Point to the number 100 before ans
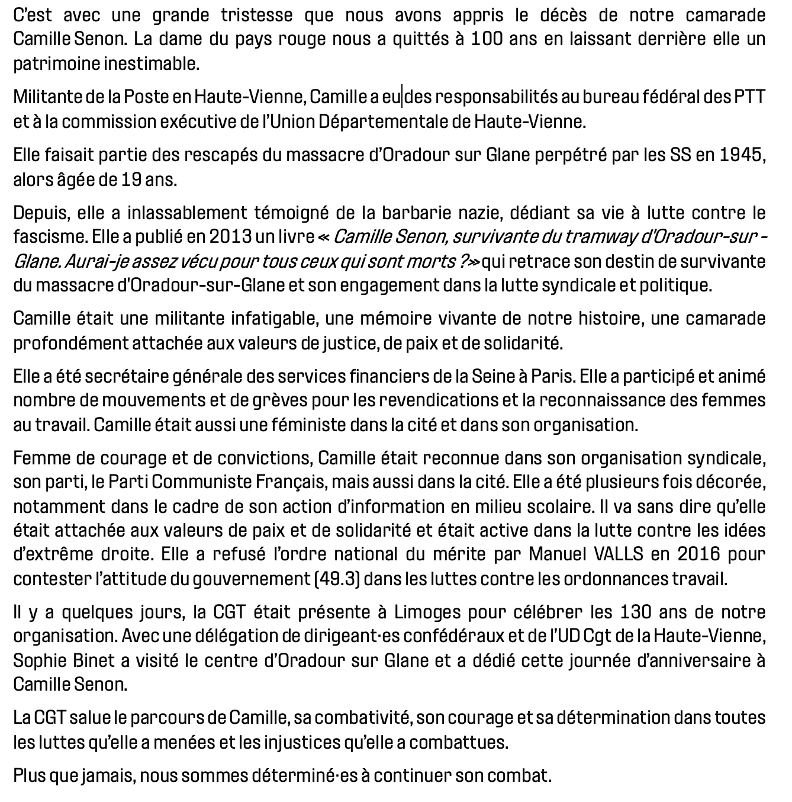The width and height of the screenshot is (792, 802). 488,40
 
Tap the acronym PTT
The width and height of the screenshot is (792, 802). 750,97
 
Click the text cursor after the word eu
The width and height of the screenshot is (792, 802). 403,97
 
